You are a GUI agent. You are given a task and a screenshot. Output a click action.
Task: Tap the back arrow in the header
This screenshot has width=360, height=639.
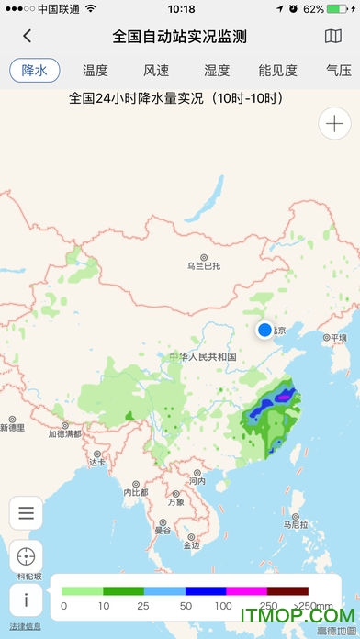click(28, 37)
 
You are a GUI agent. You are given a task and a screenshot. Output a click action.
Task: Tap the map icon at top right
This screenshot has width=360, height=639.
click(332, 37)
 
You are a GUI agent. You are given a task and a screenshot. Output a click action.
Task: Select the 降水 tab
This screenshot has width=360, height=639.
click(34, 71)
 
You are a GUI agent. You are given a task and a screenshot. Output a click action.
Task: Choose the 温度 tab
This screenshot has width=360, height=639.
click(96, 71)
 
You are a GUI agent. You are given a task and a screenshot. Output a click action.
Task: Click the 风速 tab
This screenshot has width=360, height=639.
click(156, 71)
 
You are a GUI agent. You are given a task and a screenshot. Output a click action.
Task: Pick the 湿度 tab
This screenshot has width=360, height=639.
click(217, 71)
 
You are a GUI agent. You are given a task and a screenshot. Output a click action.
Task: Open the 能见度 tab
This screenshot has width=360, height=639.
click(277, 71)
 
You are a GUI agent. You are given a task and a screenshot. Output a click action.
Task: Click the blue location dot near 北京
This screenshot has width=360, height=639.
click(265, 330)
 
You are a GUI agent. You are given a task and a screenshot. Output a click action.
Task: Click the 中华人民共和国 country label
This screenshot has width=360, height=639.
click(204, 356)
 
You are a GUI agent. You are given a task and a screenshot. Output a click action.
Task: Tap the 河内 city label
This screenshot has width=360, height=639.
click(197, 480)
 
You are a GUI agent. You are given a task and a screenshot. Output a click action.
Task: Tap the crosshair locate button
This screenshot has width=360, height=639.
click(26, 556)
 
